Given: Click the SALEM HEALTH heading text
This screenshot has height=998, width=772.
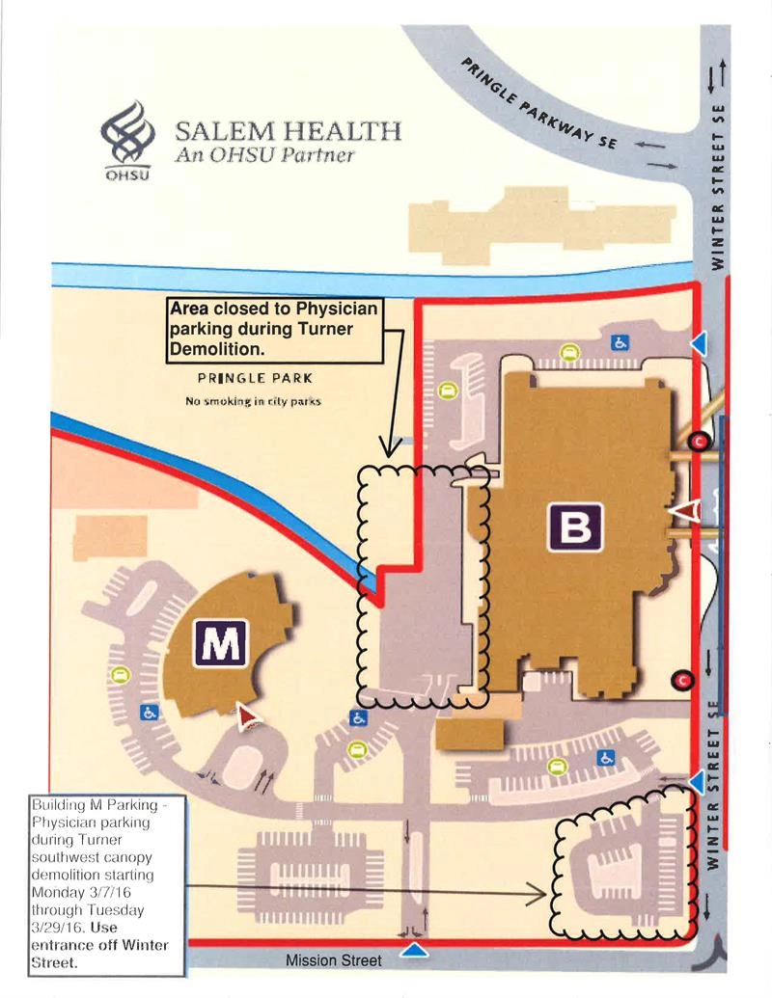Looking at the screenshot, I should point(288,131).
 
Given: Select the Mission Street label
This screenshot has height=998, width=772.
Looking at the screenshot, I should point(333,960).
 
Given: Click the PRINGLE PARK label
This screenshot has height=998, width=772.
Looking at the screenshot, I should point(255,379).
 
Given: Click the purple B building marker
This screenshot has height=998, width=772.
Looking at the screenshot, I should point(575,526).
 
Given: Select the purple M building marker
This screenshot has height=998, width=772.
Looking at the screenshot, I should point(223,643).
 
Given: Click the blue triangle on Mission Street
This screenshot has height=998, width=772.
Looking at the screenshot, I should point(414,951).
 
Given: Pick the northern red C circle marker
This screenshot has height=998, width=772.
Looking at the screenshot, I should point(701,442).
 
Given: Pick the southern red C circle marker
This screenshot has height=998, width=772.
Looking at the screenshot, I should point(683,681).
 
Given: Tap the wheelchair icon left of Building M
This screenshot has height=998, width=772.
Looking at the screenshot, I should point(150,712).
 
